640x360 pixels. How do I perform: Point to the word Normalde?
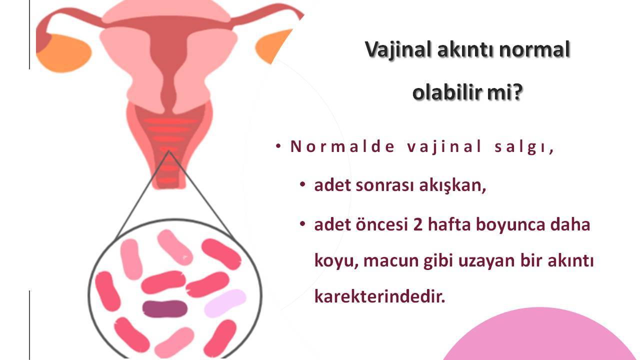[x=342, y=146]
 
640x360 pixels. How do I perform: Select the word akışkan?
[x=452, y=185]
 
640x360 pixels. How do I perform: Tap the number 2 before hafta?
[x=417, y=224]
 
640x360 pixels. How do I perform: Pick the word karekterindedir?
[x=379, y=296]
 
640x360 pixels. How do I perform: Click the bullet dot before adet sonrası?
[x=302, y=184]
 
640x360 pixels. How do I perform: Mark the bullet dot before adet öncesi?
[x=302, y=223]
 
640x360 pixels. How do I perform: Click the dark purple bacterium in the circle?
[x=165, y=309]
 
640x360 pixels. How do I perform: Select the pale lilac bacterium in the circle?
[x=225, y=303]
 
